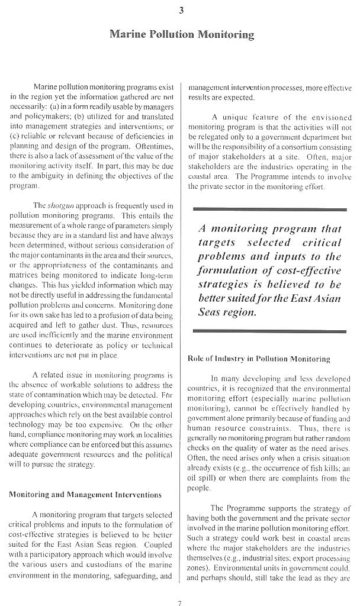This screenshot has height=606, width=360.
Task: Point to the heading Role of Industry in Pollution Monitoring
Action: click(258, 359)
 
